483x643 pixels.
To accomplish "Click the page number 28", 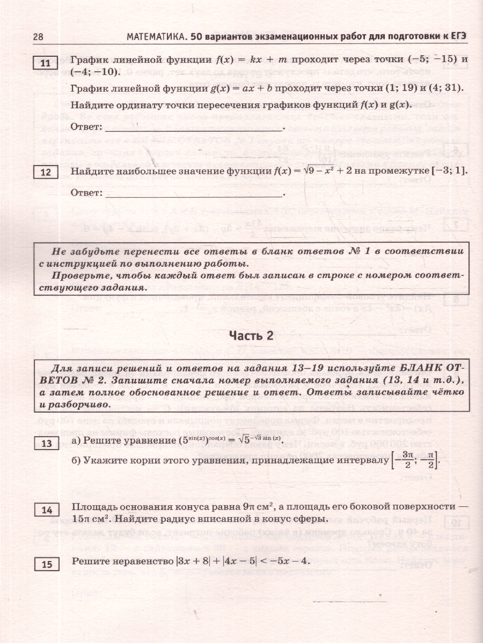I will [38, 36].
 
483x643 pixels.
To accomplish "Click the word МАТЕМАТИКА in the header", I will [156, 36].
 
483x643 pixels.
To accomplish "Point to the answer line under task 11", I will [193, 129].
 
